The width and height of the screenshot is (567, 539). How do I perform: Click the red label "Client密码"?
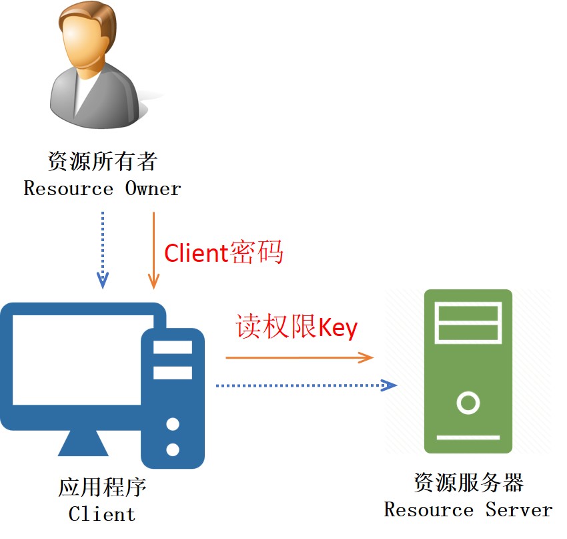click(223, 252)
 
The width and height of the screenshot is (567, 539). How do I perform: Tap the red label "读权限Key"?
click(297, 327)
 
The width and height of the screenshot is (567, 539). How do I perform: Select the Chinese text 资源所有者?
click(103, 161)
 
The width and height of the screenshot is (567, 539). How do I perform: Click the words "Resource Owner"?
click(102, 188)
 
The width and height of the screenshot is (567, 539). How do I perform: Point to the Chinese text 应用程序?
click(102, 487)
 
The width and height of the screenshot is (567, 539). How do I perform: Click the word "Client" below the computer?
click(102, 514)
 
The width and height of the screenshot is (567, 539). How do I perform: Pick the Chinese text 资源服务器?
click(469, 482)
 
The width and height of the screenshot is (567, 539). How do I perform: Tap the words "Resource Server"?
click(468, 510)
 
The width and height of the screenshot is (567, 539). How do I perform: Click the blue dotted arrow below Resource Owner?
click(103, 250)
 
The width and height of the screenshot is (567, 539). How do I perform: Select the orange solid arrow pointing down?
click(153, 250)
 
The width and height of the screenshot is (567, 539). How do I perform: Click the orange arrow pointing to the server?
click(300, 357)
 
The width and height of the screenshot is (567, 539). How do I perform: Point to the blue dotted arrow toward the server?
click(307, 385)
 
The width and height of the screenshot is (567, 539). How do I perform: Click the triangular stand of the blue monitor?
click(83, 443)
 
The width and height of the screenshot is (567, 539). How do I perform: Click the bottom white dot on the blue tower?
click(173, 450)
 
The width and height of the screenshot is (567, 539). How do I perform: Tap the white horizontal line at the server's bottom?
click(468, 437)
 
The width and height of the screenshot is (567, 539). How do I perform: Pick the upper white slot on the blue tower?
click(173, 347)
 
